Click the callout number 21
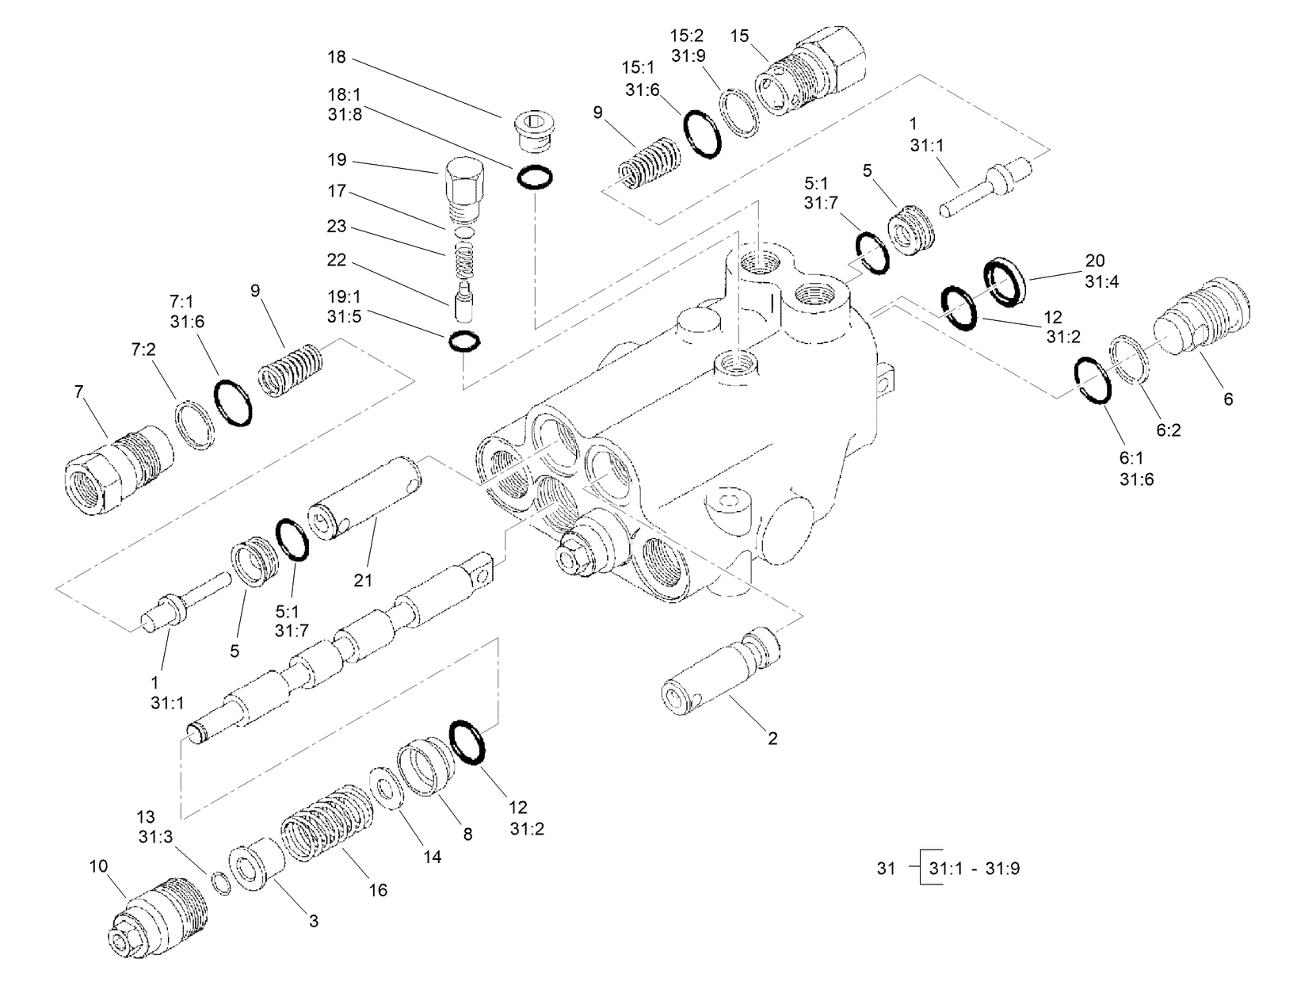pos(363,580)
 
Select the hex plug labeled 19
pos(465,189)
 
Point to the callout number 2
pos(773,739)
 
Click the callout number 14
pos(432,857)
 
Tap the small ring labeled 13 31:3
pos(220,884)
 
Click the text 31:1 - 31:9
pos(974,869)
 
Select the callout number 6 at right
pos(1228,399)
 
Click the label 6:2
pos(1169,430)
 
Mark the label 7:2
pos(143,349)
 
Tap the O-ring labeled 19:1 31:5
pos(464,342)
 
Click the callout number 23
pos(337,227)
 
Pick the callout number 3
pos(314,921)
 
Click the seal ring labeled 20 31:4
pos(1005,281)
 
